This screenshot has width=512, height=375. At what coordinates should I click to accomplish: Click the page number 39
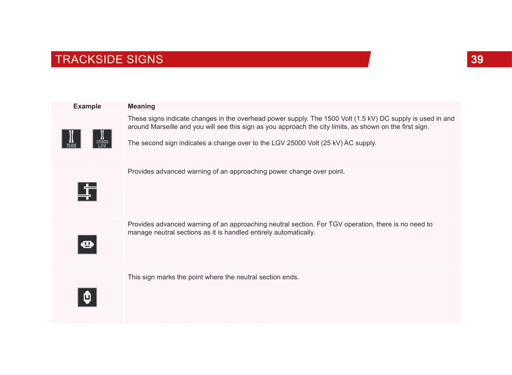pos(477,59)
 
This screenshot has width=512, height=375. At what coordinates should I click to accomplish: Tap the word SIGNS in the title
pos(145,59)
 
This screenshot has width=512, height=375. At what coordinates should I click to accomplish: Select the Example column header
pos(87,106)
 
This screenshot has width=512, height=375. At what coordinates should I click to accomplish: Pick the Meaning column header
pos(141,106)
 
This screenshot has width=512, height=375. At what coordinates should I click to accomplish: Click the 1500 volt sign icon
pos(71,139)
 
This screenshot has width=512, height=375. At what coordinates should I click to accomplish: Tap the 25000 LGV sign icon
pos(102,139)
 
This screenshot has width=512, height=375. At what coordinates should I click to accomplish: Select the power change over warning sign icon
pos(87,192)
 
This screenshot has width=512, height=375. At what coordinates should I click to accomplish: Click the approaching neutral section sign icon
pos(87,244)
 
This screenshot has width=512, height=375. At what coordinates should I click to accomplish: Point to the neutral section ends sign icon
pos(87,297)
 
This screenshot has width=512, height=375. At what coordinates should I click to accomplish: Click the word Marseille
pos(164,126)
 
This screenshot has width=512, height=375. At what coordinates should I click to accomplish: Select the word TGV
pos(335,224)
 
